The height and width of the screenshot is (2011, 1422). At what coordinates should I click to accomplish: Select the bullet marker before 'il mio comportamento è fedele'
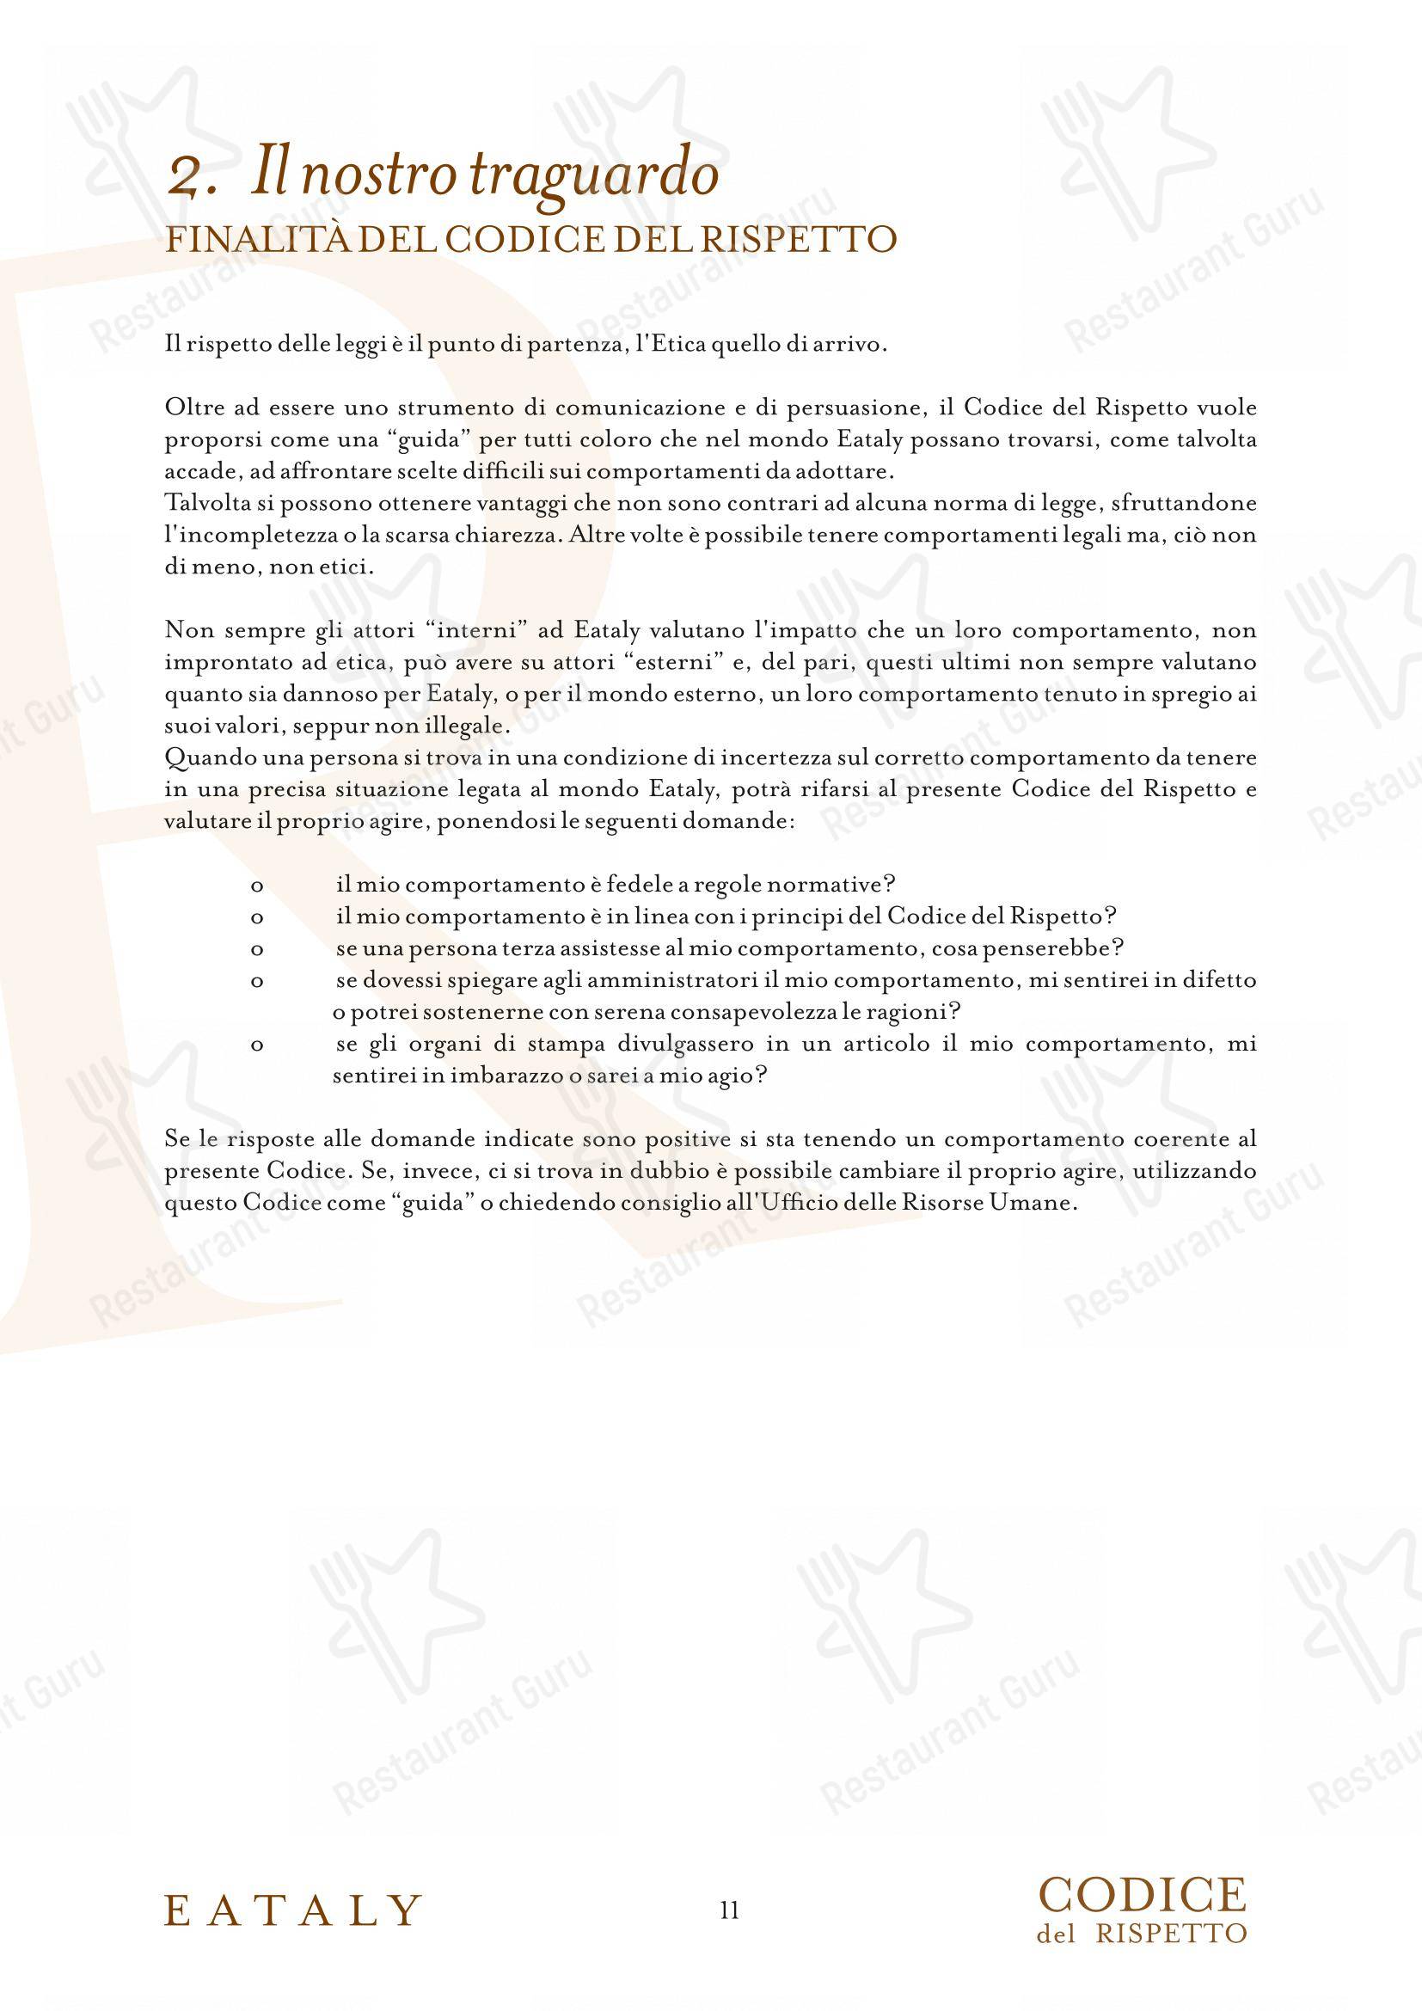(257, 886)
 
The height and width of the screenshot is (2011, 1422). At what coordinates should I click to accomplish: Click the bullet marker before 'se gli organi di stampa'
(257, 1045)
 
